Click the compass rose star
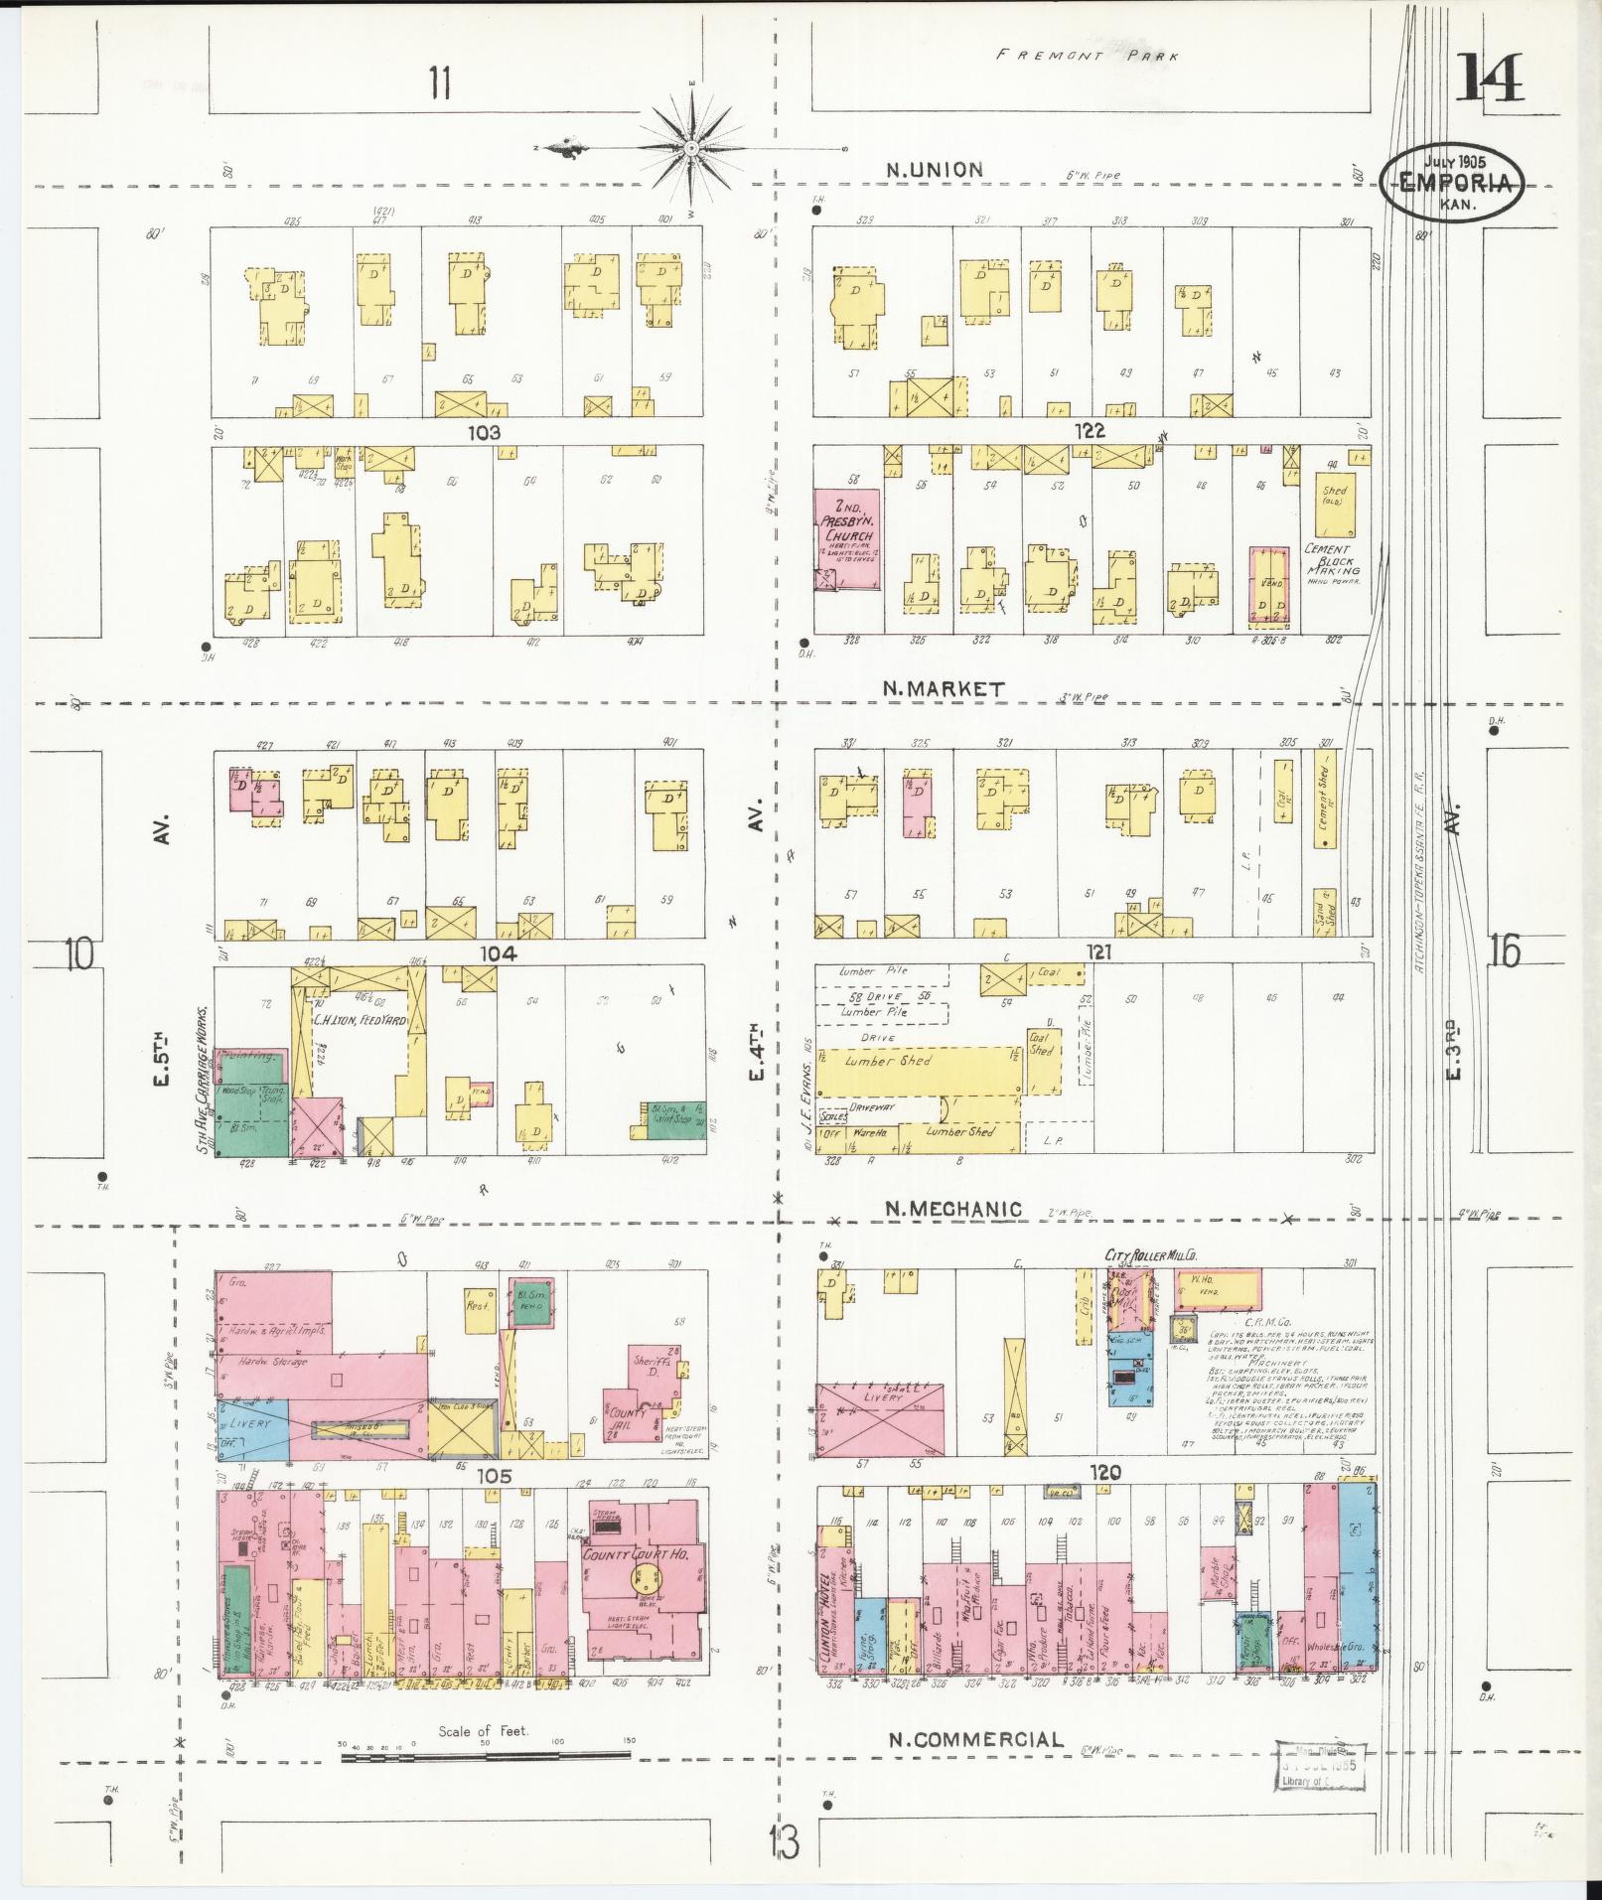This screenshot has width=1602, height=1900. pos(691,149)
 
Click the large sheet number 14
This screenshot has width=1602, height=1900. pos(1489,79)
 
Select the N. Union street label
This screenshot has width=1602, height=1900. pos(934,170)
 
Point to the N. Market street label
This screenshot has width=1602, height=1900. pos(943,688)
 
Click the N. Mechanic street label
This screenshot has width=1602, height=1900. pos(952,1209)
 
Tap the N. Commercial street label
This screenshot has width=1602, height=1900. pos(975,1739)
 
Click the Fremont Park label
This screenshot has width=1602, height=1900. pos(1088,56)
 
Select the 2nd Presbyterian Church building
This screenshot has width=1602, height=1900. pos(847,539)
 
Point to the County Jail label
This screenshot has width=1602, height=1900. pos(627,1417)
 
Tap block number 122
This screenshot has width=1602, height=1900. pos(1089,431)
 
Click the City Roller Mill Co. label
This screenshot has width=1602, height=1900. pos(1155,1255)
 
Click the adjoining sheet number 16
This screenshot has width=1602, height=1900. pos(1504,951)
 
